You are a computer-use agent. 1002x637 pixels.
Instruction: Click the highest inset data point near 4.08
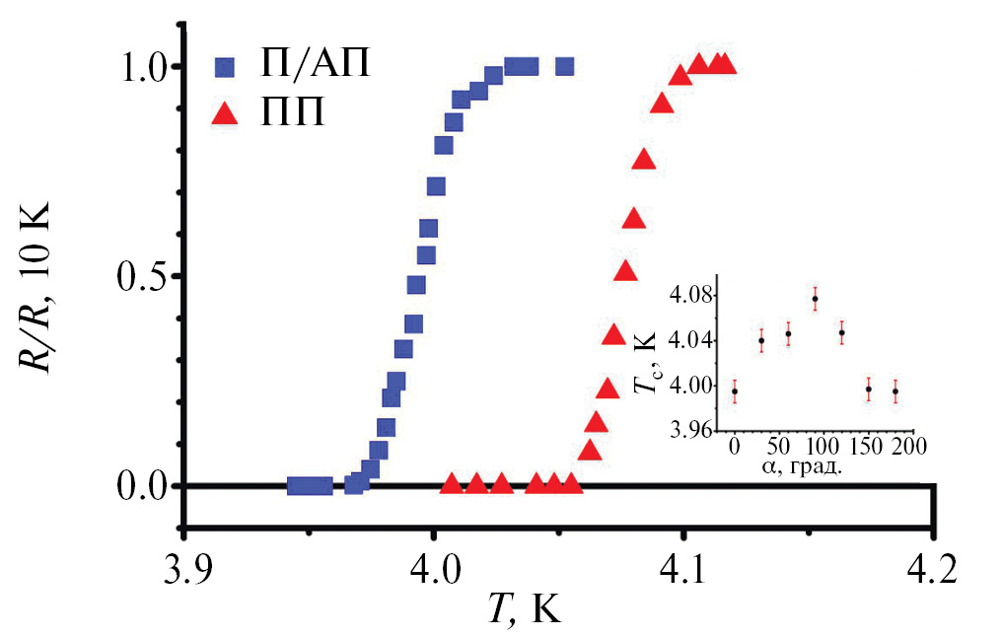tap(816, 299)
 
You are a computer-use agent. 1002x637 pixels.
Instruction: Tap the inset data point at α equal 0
tap(735, 391)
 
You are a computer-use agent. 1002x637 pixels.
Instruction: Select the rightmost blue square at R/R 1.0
tap(564, 67)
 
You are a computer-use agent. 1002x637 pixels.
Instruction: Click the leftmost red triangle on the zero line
tap(451, 484)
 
